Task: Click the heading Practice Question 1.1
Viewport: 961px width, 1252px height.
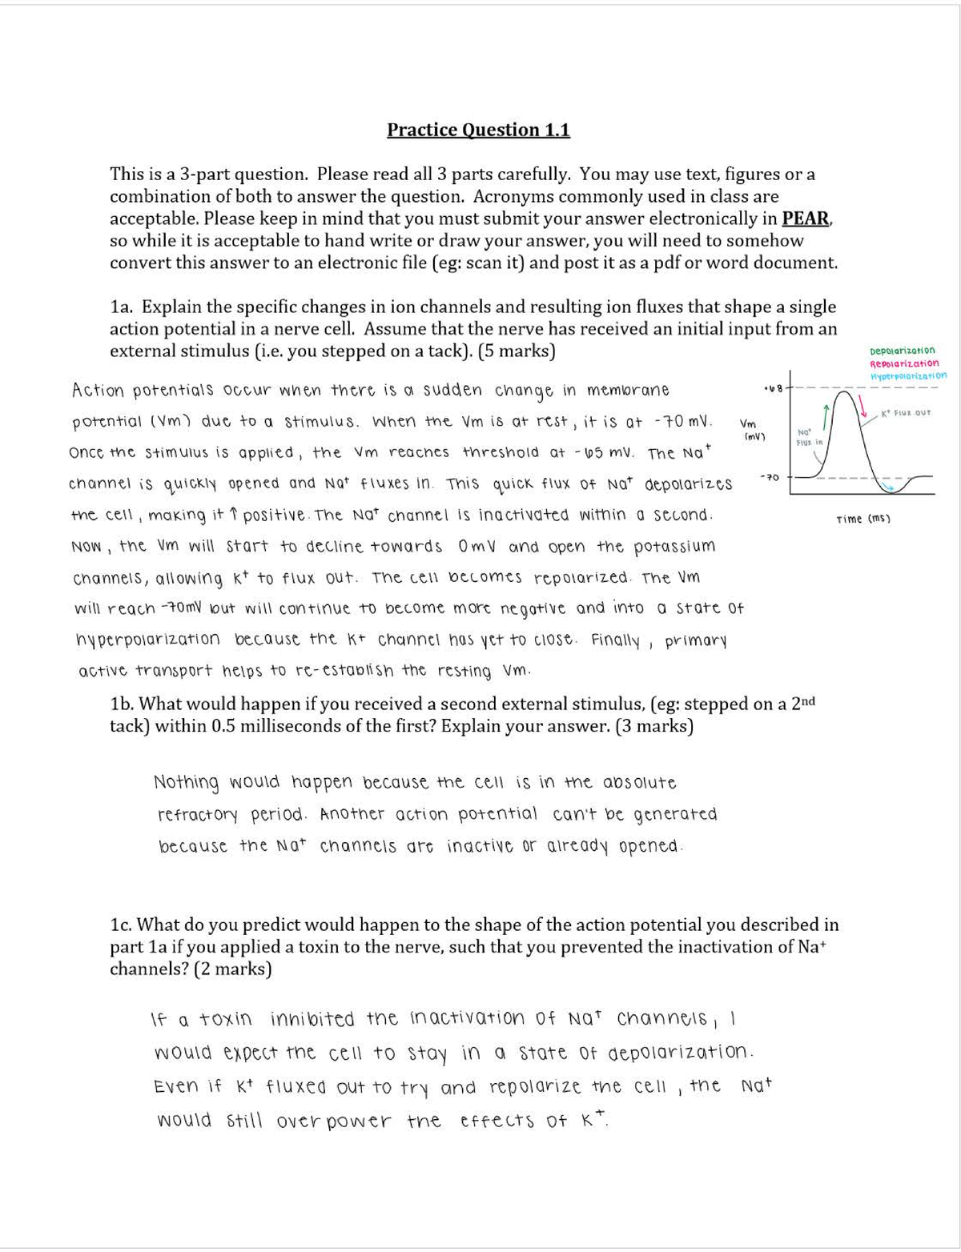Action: [478, 130]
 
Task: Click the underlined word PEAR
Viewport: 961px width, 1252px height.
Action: [806, 219]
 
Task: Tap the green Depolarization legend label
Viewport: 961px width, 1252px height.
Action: [902, 351]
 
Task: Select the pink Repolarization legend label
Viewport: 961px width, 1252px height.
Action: [904, 363]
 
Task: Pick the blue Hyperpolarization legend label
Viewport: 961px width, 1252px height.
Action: [907, 375]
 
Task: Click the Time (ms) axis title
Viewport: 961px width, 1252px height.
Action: [863, 519]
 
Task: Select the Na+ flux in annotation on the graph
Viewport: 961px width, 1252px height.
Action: [809, 436]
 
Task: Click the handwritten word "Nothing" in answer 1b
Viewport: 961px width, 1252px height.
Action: [186, 782]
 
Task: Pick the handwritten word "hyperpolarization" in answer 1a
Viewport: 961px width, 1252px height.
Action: [147, 640]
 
